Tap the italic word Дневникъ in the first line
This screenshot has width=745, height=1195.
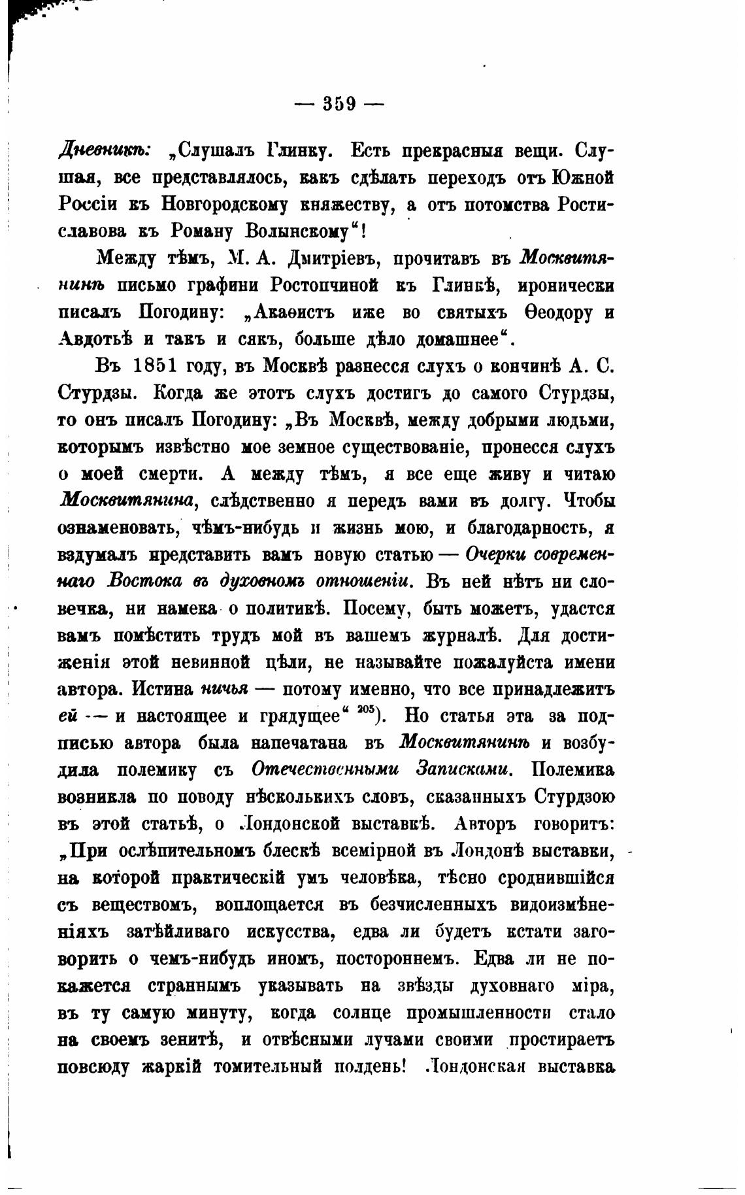click(105, 152)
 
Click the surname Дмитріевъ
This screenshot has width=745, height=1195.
click(334, 259)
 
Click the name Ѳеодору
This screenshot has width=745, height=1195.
click(557, 312)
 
